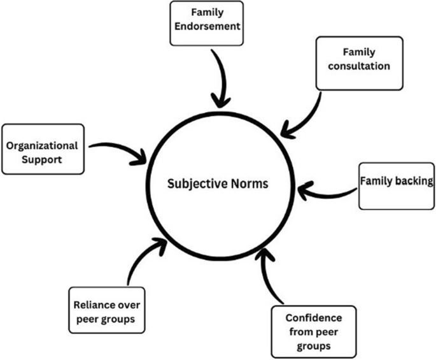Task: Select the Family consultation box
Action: click(x=359, y=62)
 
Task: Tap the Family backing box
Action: click(x=396, y=185)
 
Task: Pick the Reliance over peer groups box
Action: click(x=102, y=308)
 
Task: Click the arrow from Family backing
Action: click(x=328, y=189)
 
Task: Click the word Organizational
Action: click(x=42, y=145)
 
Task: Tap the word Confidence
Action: click(x=314, y=318)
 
